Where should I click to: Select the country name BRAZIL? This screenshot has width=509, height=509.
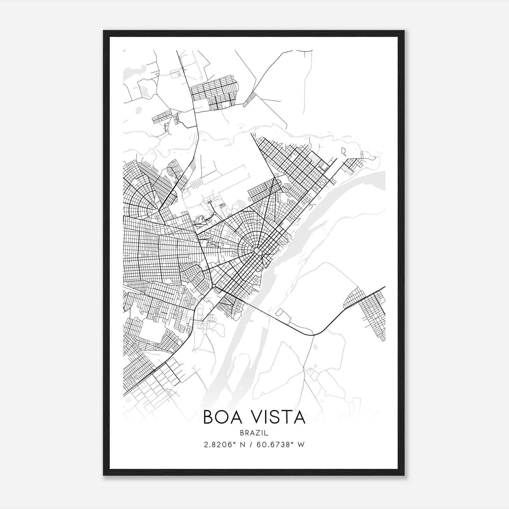(254, 433)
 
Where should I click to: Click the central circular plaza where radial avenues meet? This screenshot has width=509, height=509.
(257, 251)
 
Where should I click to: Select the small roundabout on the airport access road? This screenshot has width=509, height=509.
(210, 202)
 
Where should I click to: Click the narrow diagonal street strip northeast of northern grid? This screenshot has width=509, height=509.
(250, 99)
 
